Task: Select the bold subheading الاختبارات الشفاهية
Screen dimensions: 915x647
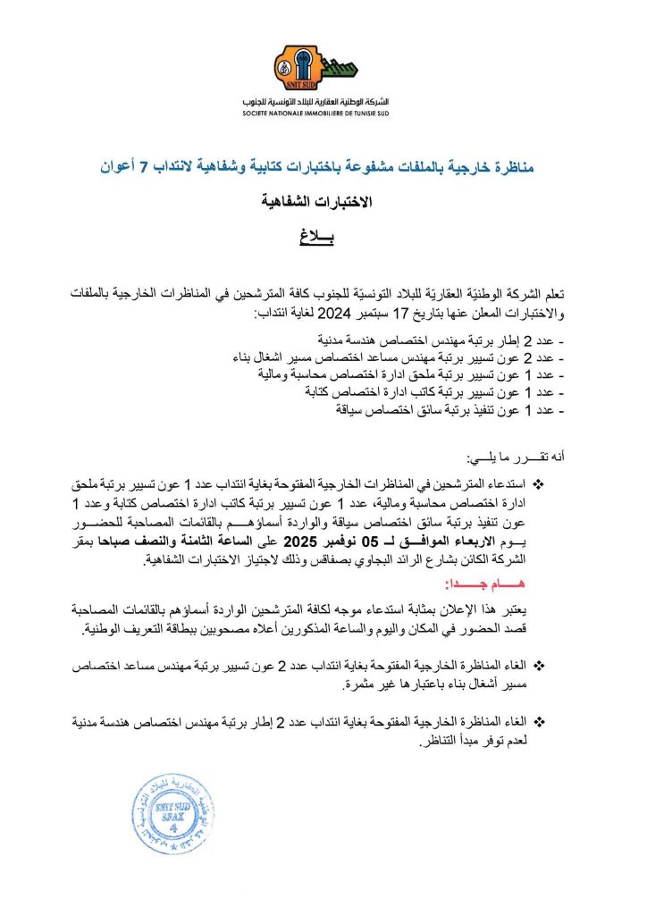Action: point(323,202)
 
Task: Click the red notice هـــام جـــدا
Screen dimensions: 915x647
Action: point(512,583)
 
